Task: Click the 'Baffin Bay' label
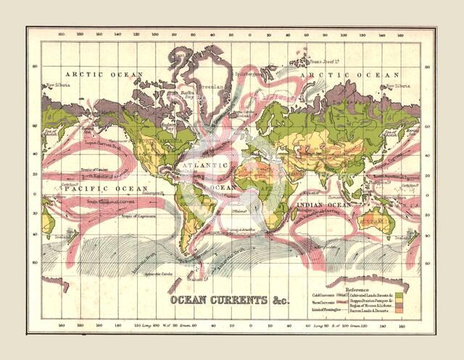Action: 188,94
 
